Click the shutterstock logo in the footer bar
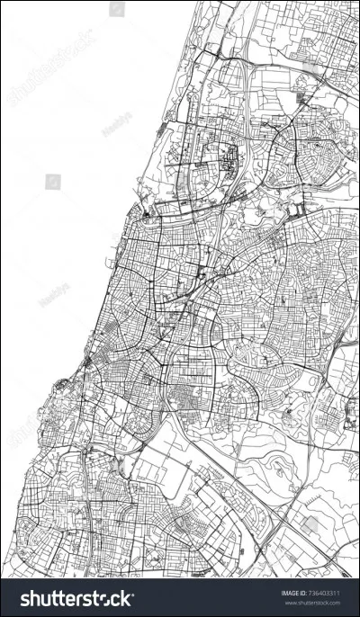point(76,598)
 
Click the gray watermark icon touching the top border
point(117,9)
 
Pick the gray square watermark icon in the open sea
point(52,182)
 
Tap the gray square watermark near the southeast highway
point(310,523)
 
